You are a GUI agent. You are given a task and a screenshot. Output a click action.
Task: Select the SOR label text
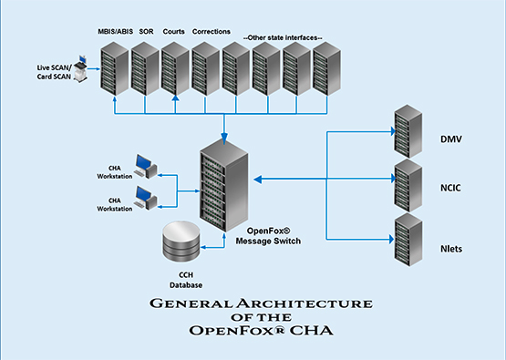146,31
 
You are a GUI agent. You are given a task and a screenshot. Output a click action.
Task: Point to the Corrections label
211,31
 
